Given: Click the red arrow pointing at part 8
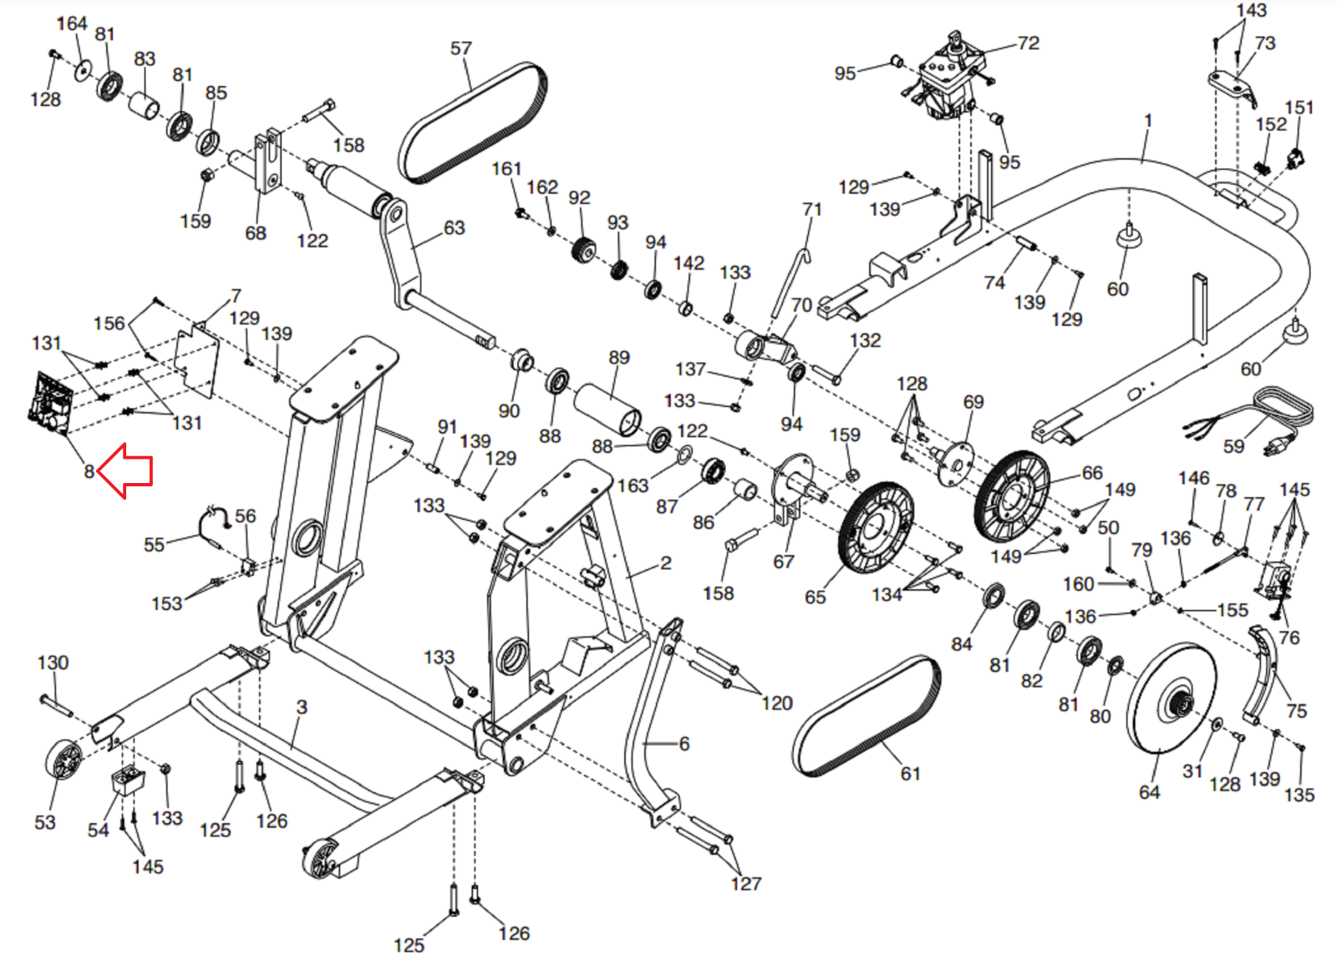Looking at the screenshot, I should [x=127, y=470].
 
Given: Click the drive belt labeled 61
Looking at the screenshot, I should [x=866, y=716].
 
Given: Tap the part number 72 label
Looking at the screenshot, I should [x=1028, y=43].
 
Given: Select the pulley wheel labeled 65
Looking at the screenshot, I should [x=876, y=527].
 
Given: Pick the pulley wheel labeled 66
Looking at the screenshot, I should [x=1011, y=496].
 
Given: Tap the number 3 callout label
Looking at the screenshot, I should [x=302, y=707].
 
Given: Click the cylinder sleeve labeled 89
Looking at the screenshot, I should [x=607, y=409].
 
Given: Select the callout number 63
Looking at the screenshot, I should [x=454, y=227].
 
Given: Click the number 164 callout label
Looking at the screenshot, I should [x=72, y=23].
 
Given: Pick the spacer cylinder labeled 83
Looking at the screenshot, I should [x=144, y=106].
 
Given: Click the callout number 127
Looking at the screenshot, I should [x=745, y=883].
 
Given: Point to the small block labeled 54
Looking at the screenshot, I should [x=127, y=781].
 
